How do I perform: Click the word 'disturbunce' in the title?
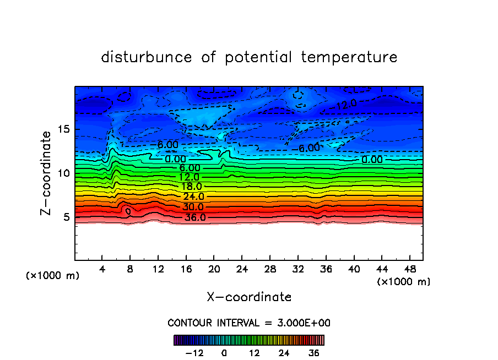(x=147, y=57)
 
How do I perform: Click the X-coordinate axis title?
(x=249, y=297)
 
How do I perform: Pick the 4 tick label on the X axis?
(x=102, y=269)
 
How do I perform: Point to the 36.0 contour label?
(x=194, y=217)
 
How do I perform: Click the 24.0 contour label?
(x=193, y=197)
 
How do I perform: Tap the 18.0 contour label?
(x=191, y=187)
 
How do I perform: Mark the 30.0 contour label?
(x=193, y=207)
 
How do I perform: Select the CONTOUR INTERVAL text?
(x=249, y=323)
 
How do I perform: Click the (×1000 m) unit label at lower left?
(x=53, y=276)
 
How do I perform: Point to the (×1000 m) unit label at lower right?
(x=404, y=281)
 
